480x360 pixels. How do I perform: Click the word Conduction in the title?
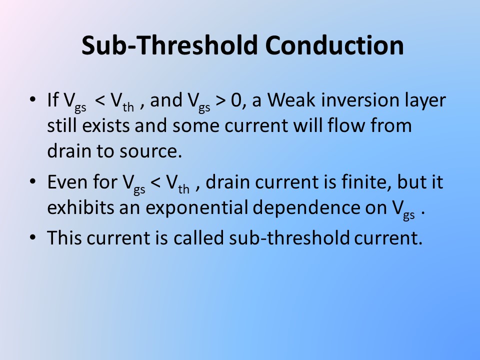334,45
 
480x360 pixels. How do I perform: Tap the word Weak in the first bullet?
291,100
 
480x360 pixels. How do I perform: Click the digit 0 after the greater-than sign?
236,100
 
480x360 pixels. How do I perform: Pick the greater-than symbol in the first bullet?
220,100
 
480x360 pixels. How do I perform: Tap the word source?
150,151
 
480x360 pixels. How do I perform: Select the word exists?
106,125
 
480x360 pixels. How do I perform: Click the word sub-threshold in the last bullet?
289,237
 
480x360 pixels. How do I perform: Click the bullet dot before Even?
33,181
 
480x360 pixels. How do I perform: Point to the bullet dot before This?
33,237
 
